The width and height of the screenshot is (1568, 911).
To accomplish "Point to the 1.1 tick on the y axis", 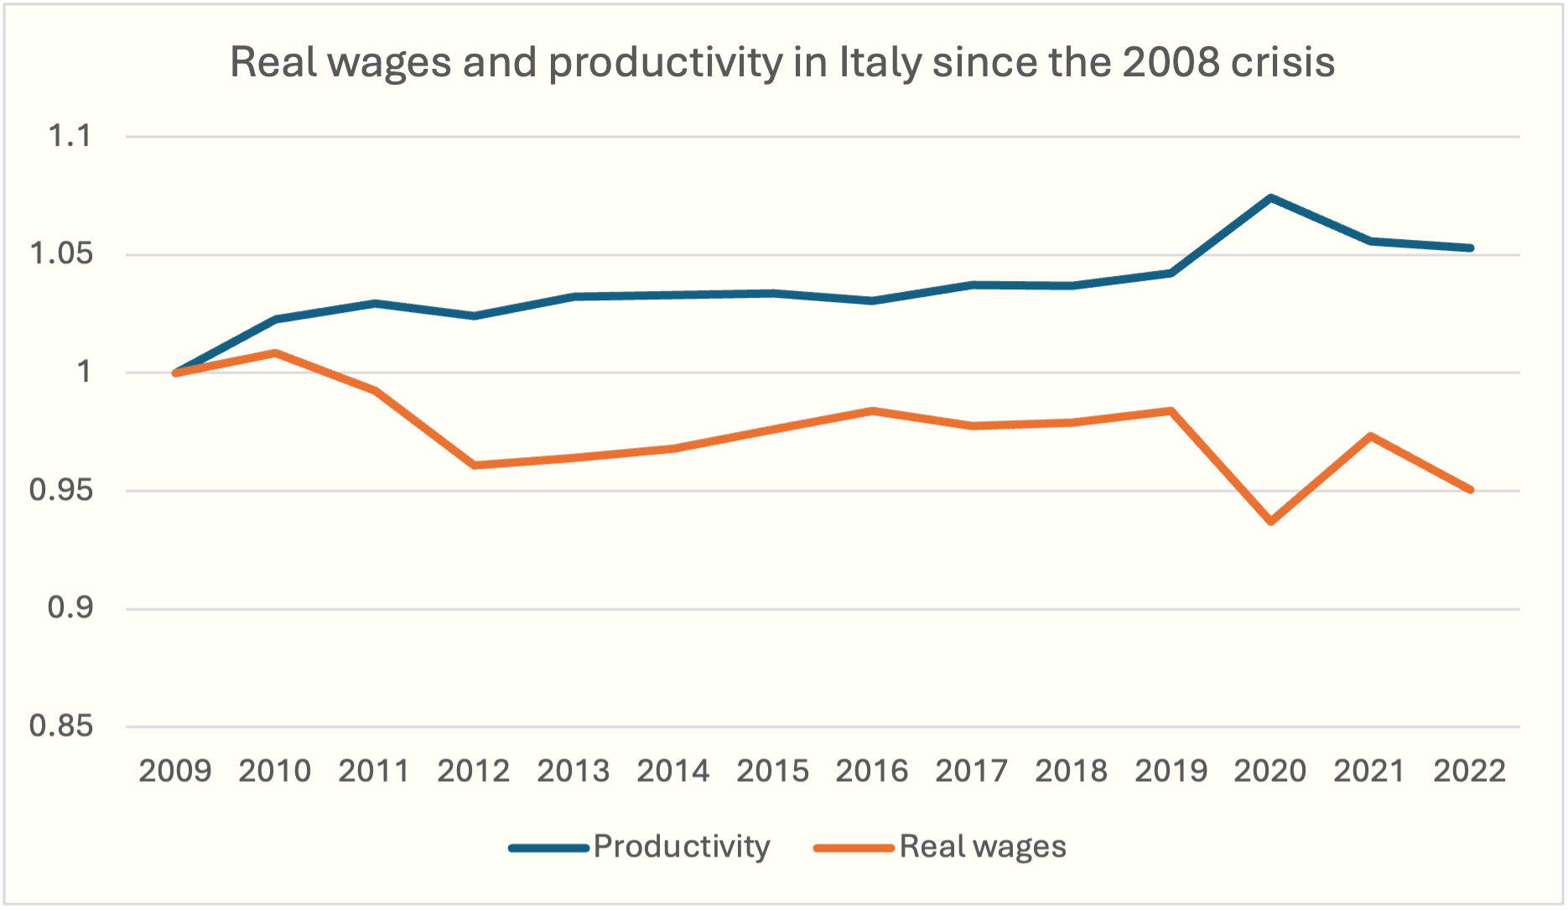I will click(70, 136).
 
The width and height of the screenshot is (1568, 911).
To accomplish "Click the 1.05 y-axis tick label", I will click(61, 254).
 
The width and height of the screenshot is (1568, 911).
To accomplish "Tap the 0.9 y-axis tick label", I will click(70, 608).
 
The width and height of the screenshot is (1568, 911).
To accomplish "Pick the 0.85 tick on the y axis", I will click(61, 726).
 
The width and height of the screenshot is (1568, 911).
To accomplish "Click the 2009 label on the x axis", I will click(175, 771).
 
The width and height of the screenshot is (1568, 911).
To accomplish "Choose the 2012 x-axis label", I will click(474, 771).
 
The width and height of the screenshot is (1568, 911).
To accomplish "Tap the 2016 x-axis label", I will click(872, 771).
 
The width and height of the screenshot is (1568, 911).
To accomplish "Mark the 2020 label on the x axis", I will click(1270, 771).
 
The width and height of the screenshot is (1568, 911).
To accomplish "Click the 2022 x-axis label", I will click(1470, 771).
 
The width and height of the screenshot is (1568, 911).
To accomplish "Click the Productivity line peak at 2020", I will click(1271, 198).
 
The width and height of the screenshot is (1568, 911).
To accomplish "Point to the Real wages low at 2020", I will click(1271, 522).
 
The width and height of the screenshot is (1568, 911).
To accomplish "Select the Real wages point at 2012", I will click(475, 465).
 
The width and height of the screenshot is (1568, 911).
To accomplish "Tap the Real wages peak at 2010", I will click(275, 353).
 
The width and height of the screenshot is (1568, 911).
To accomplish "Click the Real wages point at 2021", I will click(1371, 436).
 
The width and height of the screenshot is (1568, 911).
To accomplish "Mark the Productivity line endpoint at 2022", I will click(1471, 247).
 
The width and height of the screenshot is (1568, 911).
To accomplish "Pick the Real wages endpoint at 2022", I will click(1471, 490).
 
